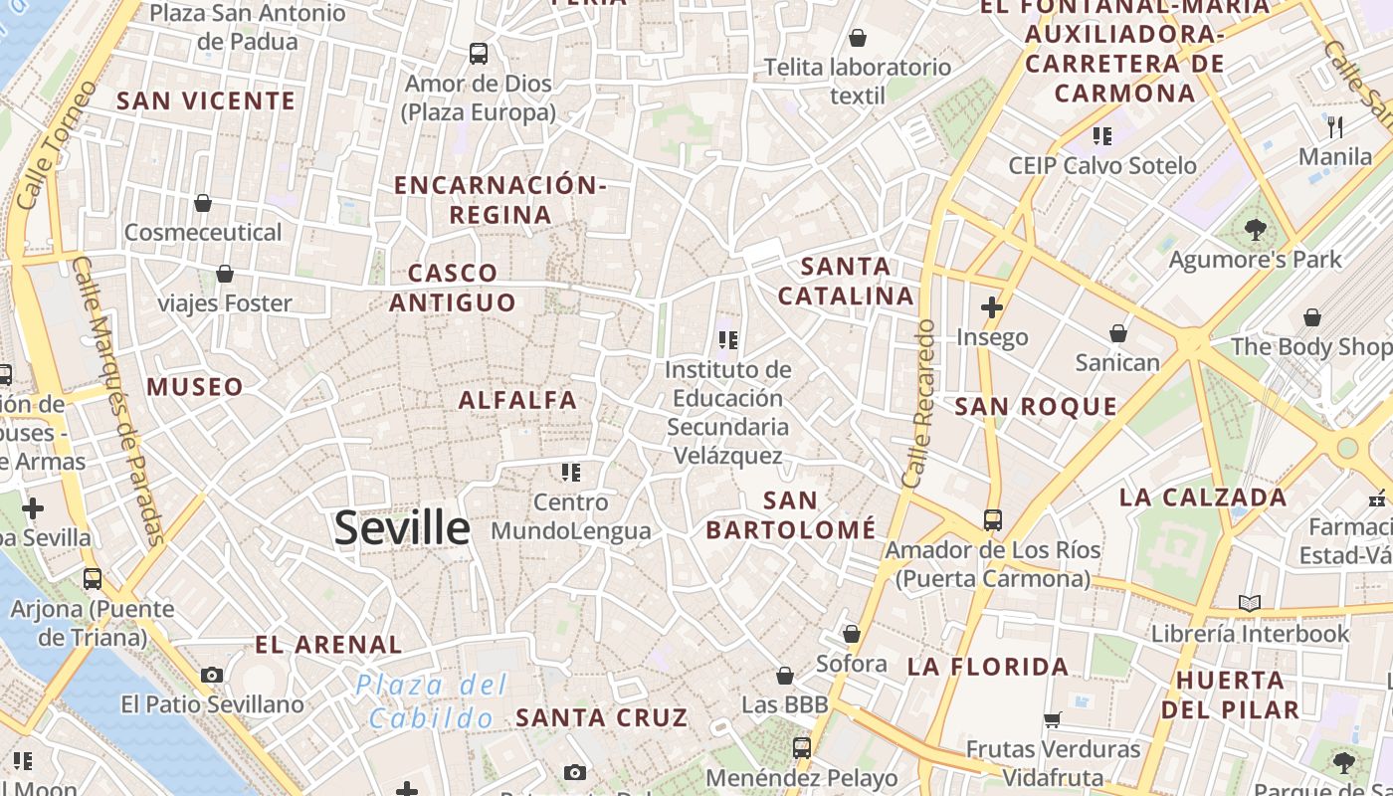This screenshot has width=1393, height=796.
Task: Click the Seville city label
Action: pyautogui.click(x=402, y=527)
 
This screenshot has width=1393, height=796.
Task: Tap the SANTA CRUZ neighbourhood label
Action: pyautogui.click(x=601, y=717)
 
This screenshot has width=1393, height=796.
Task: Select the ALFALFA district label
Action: pyautogui.click(x=517, y=400)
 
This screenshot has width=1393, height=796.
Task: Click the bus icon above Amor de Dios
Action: pyautogui.click(x=479, y=54)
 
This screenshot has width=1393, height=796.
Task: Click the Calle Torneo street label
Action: pyautogui.click(x=58, y=144)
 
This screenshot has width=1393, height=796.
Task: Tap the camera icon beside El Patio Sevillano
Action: pyautogui.click(x=212, y=675)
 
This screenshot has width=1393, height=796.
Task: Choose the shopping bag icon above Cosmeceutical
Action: pyautogui.click(x=203, y=203)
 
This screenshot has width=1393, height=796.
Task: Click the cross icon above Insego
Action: pyautogui.click(x=992, y=307)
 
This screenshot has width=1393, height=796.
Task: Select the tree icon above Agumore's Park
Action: pyautogui.click(x=1255, y=230)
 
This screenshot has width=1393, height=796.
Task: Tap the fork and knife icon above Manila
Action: pyautogui.click(x=1335, y=127)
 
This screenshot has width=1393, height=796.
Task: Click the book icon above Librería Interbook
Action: pyautogui.click(x=1250, y=603)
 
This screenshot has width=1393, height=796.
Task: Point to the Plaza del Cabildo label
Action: pyautogui.click(x=432, y=701)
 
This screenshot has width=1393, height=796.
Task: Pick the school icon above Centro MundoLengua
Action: pyautogui.click(x=571, y=472)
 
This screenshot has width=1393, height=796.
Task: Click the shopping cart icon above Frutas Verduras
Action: pyautogui.click(x=1053, y=719)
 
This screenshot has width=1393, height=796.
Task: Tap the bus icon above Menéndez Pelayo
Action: pyautogui.click(x=802, y=747)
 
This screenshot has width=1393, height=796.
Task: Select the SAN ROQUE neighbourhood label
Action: pyautogui.click(x=1036, y=406)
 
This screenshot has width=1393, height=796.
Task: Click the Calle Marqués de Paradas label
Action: pyautogui.click(x=117, y=400)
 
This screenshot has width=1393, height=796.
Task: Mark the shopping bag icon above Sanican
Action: pyautogui.click(x=1118, y=333)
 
